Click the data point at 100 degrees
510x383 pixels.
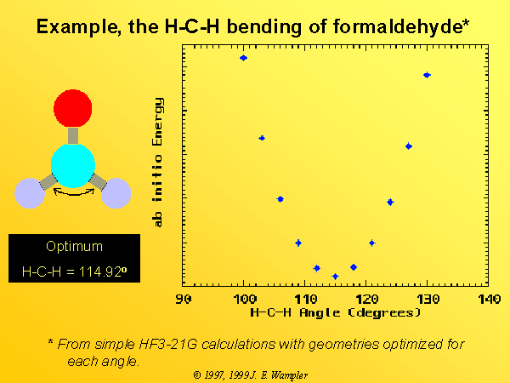(x=243, y=58)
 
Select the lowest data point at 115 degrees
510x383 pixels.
(x=336, y=277)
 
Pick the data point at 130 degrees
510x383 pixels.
(x=427, y=75)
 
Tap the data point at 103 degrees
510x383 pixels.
(x=262, y=138)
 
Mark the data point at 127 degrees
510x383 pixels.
(x=409, y=146)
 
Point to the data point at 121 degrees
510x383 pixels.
(x=372, y=243)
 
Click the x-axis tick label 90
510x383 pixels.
(x=184, y=299)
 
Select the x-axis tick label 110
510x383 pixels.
(x=306, y=299)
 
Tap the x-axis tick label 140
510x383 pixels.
(x=490, y=299)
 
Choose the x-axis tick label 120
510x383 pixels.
(x=367, y=299)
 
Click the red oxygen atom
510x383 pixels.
(x=73, y=108)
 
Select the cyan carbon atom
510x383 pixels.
(x=73, y=166)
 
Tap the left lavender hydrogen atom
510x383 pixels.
(x=30, y=193)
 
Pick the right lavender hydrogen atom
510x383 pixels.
(x=116, y=193)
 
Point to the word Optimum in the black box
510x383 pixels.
(x=74, y=247)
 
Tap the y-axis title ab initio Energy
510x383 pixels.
(x=157, y=163)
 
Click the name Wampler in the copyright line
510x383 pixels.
(x=289, y=375)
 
